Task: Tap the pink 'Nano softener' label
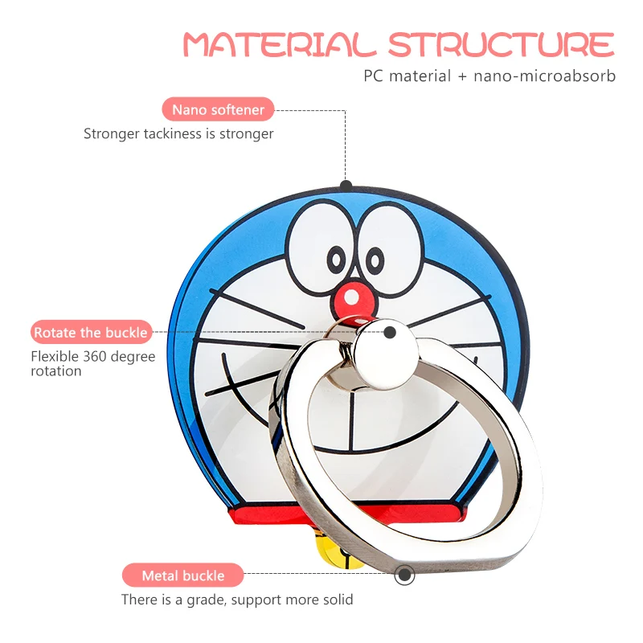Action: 218,109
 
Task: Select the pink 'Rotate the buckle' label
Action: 90,332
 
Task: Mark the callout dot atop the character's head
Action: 346,185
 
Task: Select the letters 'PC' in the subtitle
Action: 373,76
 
